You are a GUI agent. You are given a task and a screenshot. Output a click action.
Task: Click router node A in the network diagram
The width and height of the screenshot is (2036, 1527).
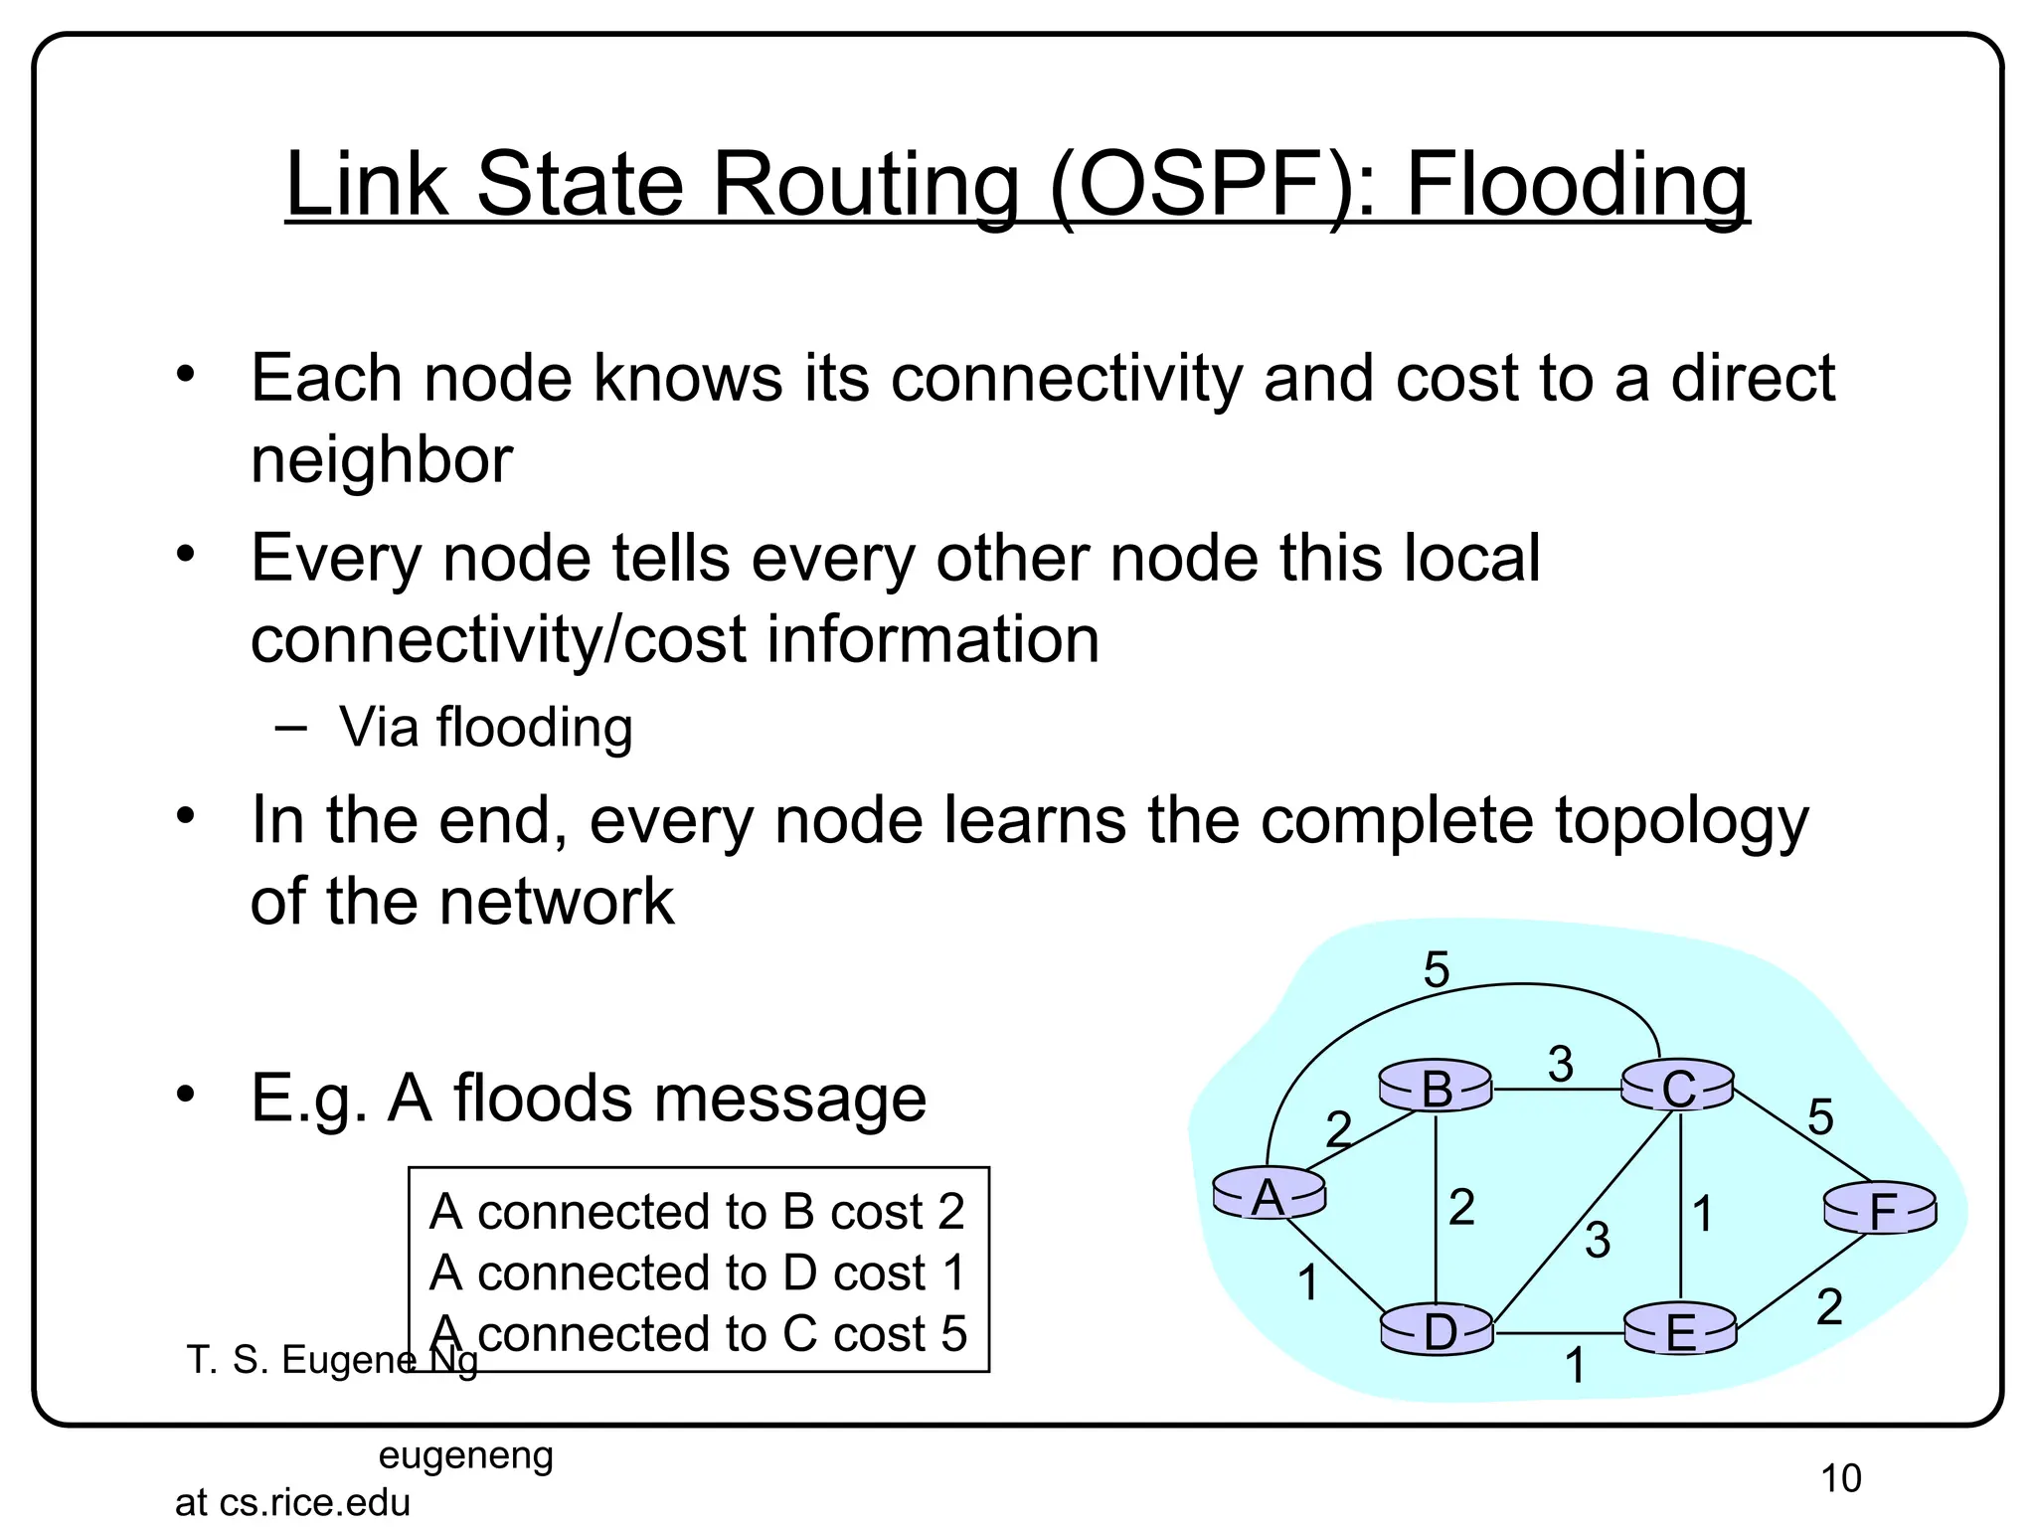1269,1194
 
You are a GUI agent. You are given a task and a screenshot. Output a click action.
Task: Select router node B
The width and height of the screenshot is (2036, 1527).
1437,1087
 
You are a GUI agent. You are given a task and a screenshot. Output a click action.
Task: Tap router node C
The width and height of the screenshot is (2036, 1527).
1678,1088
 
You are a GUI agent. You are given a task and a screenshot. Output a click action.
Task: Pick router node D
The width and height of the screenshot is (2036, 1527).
1438,1330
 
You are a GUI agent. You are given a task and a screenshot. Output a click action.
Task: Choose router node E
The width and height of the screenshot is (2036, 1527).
1680,1331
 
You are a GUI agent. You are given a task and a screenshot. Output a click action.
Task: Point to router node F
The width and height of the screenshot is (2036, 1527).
1881,1210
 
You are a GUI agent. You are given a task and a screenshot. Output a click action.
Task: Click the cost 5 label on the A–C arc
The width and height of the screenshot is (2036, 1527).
1437,969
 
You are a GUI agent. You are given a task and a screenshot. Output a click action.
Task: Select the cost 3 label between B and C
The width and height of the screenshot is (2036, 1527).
1560,1065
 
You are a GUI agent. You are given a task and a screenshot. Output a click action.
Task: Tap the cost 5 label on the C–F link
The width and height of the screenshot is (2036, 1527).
1820,1117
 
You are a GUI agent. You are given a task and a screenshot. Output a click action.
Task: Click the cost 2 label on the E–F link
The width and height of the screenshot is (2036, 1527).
1829,1306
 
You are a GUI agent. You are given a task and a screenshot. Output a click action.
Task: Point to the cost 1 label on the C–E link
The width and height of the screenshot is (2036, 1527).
1703,1214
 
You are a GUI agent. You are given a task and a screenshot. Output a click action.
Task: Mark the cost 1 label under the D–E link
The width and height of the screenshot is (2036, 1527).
1575,1365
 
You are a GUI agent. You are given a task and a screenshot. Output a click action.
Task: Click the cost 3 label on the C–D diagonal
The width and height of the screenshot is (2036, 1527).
1598,1240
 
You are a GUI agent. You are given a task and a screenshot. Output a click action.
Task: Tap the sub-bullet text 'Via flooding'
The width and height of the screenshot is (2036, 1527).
485,727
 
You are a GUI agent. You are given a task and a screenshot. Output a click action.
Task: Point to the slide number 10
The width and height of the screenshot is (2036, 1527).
1840,1478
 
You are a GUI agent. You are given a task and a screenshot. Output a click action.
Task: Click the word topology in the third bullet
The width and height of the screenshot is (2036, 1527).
1681,821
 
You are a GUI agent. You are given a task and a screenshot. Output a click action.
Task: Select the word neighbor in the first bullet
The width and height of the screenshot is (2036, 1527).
382,459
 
